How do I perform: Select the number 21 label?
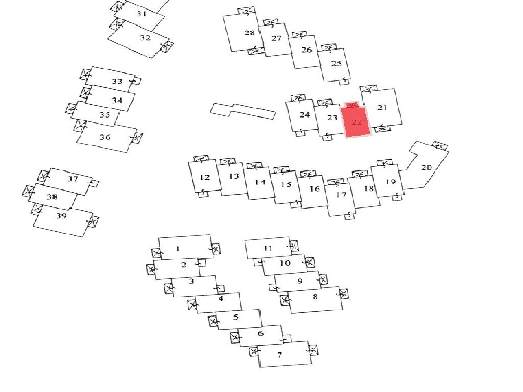click(382, 107)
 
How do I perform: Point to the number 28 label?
click(249, 33)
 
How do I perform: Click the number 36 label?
click(105, 137)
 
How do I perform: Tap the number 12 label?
click(205, 177)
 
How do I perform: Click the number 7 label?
click(279, 355)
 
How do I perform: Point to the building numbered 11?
click(268, 248)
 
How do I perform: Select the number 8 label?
click(315, 296)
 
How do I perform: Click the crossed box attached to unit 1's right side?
click(216, 249)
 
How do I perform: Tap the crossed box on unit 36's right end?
click(136, 138)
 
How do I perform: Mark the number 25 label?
click(336, 64)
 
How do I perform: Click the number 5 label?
click(235, 317)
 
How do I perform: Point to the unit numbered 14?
click(260, 183)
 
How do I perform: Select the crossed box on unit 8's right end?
click(343, 293)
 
